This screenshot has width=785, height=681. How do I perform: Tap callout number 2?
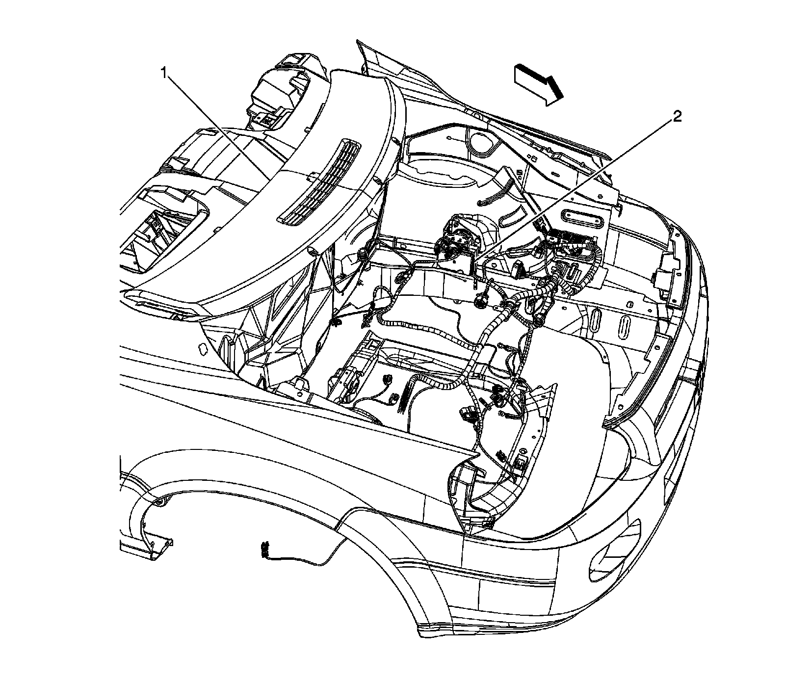pyautogui.click(x=677, y=117)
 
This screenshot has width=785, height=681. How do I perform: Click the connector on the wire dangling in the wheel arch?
pyautogui.click(x=265, y=549)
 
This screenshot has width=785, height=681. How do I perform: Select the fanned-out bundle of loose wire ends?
pyautogui.click(x=404, y=393)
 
